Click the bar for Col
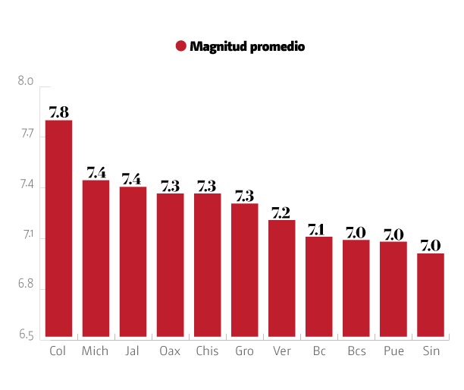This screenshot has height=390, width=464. (58, 228)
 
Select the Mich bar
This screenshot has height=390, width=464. (96, 258)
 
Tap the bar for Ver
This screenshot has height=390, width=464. (282, 278)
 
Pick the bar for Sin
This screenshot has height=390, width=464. (431, 294)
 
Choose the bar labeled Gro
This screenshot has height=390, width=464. (245, 269)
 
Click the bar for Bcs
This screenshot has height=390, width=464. (356, 288)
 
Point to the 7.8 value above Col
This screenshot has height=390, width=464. (58, 112)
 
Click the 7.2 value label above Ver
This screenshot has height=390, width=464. (282, 212)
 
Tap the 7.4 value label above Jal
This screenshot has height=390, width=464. (133, 178)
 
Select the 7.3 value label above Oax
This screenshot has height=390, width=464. (170, 185)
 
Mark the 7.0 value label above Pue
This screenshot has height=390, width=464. (393, 234)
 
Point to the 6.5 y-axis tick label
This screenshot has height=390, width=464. (26, 335)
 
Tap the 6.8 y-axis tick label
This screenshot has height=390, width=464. (26, 285)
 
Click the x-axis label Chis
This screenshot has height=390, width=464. (207, 351)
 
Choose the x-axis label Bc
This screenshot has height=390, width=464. (319, 351)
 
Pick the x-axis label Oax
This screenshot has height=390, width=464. (170, 351)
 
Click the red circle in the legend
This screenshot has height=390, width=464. (180, 46)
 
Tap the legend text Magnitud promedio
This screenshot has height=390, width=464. (247, 46)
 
